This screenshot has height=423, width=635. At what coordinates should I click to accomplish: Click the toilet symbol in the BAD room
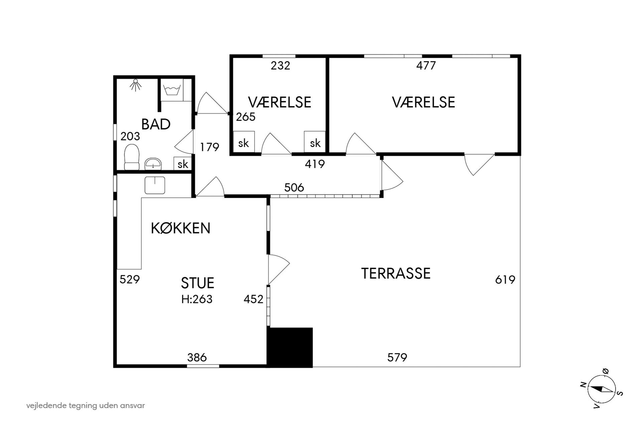(x=132, y=157)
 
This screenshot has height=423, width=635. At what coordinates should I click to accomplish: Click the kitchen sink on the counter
(x=155, y=185)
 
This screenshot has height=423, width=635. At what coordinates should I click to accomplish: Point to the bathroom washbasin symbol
(x=153, y=164)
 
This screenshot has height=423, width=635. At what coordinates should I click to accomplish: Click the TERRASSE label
(x=396, y=273)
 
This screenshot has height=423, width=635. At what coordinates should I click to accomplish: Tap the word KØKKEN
(x=180, y=228)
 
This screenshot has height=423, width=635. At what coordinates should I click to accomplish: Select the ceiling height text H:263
(x=197, y=299)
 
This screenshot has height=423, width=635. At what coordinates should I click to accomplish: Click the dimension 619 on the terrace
(x=505, y=280)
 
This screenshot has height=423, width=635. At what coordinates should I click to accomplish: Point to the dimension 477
(x=426, y=66)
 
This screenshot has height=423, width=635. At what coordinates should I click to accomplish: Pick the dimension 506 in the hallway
(x=294, y=188)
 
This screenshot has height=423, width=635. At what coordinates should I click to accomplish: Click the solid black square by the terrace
(x=290, y=347)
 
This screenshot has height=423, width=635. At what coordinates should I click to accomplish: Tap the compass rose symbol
(x=602, y=389)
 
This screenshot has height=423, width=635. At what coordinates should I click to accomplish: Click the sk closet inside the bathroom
(x=182, y=164)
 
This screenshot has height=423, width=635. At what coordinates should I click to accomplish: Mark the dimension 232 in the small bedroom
(x=280, y=66)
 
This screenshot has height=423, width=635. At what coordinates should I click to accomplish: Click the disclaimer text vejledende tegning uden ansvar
(x=86, y=406)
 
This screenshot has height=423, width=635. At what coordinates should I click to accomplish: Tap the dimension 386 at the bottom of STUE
(x=197, y=358)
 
